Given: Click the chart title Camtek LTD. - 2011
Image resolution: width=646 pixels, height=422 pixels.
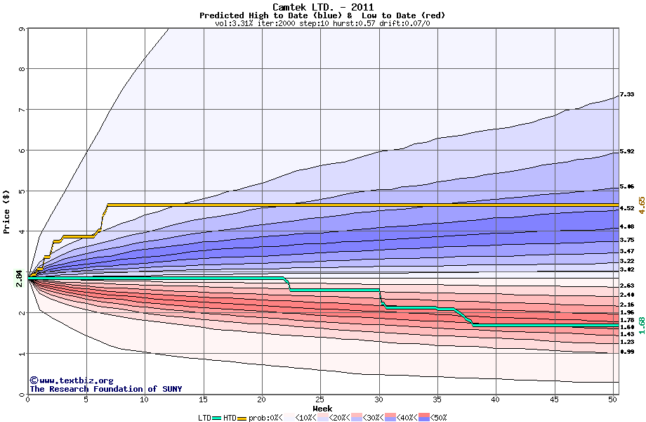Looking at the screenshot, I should [x=322, y=7].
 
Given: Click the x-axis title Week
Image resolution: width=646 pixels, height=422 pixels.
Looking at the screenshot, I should [x=322, y=408].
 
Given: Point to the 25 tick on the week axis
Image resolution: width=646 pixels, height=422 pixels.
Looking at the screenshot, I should [x=320, y=399].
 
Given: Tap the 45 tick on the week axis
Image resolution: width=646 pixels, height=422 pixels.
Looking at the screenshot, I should [x=555, y=399].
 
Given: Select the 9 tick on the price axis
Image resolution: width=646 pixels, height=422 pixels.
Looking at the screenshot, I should [x=22, y=29].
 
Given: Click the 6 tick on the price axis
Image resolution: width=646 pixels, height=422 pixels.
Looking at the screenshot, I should [x=22, y=151].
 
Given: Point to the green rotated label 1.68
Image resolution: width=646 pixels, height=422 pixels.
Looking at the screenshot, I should [x=640, y=325].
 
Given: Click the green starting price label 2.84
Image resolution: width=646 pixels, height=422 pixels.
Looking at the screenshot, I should [x=19, y=279].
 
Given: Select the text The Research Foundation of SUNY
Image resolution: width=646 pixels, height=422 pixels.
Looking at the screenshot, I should [x=105, y=389].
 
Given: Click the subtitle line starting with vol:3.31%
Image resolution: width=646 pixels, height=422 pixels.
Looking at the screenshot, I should [x=322, y=23].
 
